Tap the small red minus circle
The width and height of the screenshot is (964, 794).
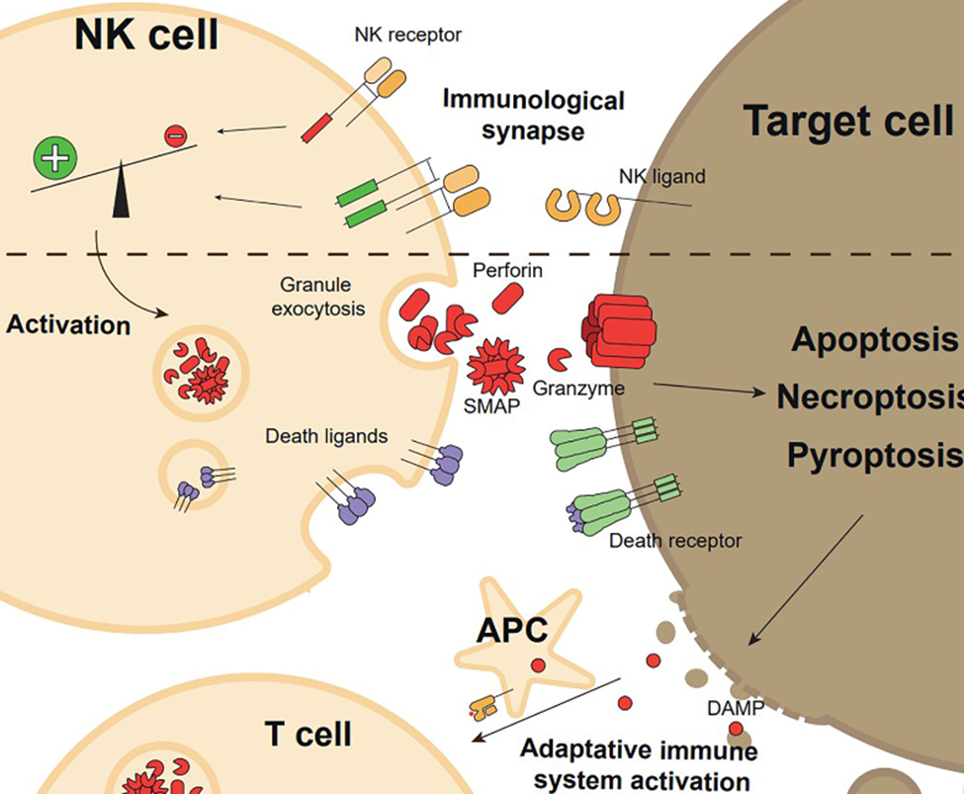[174, 136]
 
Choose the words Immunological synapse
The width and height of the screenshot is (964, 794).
[533, 114]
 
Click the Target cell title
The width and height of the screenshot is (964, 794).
[847, 121]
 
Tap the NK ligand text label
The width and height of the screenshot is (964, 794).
[661, 177]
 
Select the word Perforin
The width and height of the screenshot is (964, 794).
[507, 269]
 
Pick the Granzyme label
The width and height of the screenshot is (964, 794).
[578, 389]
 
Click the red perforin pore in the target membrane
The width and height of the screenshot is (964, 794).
[617, 329]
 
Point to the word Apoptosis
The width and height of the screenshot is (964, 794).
[874, 340]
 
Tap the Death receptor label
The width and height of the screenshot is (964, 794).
[675, 541]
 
